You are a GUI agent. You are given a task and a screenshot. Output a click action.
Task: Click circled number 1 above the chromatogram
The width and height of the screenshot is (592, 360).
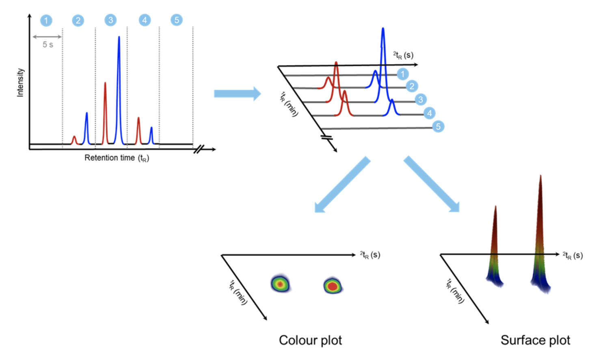pos(46,20)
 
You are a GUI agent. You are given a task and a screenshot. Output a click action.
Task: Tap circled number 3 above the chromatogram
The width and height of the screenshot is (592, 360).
pos(110,20)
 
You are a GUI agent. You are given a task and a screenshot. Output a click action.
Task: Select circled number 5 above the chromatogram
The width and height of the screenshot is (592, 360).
pos(176,20)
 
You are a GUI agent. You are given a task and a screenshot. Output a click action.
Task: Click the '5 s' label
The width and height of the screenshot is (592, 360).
pos(48,45)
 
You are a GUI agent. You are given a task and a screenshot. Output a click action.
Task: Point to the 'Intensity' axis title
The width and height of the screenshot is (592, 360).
pos(20,82)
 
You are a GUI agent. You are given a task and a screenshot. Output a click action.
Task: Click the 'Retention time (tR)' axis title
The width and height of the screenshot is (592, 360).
pos(117,158)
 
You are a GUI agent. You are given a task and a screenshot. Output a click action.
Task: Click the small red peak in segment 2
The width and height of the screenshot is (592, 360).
pos(74,140)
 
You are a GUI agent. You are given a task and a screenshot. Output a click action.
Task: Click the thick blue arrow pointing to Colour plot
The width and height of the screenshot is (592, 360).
pos(342,185)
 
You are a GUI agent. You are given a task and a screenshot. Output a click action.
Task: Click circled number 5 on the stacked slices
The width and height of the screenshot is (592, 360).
pos(438,126)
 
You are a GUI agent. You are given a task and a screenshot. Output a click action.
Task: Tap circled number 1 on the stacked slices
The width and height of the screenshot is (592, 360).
pos(402,74)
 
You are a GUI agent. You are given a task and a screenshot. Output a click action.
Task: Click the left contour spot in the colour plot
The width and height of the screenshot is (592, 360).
pos(280,284)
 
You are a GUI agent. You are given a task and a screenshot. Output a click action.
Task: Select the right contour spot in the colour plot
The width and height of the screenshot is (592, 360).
pos(333,286)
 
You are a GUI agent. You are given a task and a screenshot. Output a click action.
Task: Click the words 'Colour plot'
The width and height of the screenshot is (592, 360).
pos(310,340)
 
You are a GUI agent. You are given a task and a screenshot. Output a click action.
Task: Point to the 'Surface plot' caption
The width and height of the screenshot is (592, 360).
pos(535,340)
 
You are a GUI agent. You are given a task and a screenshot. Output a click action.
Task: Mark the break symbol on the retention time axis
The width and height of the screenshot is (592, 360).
pos(198,149)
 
